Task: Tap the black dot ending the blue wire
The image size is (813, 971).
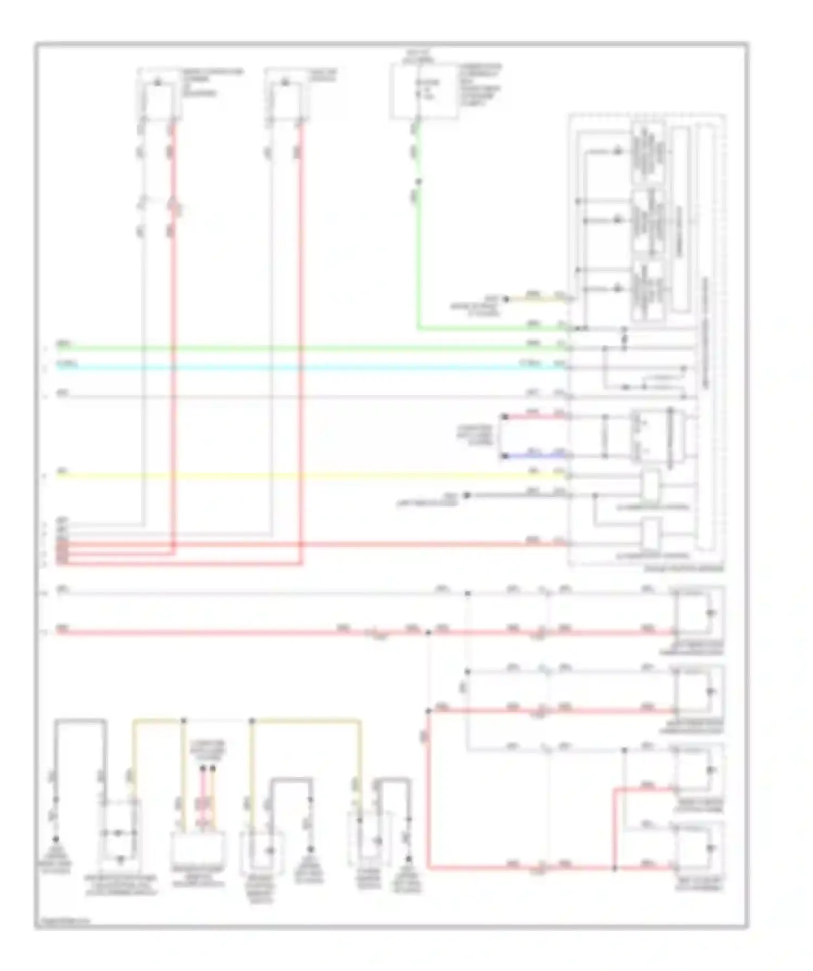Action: (505, 456)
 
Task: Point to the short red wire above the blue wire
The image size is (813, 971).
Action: (534, 417)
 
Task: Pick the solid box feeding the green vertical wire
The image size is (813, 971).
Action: (424, 92)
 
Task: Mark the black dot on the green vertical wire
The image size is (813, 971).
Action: (418, 182)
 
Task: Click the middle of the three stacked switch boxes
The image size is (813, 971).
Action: (648, 223)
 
